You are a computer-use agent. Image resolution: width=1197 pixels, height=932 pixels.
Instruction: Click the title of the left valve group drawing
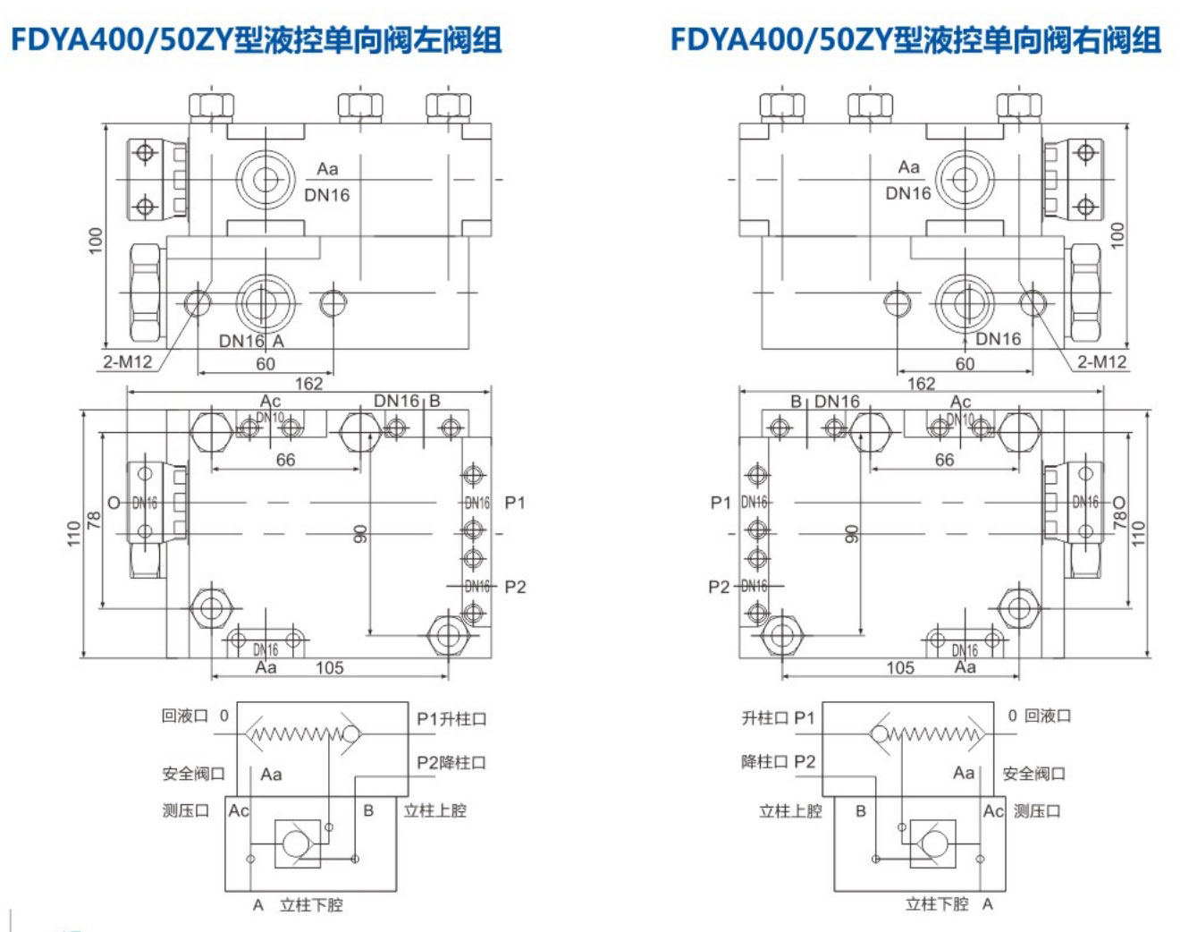(x=256, y=40)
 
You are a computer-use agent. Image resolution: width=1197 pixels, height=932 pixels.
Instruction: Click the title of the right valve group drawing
(x=915, y=40)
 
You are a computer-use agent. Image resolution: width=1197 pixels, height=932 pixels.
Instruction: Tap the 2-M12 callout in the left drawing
(x=127, y=361)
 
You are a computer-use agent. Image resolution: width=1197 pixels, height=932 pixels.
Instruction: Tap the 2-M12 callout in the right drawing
(x=1101, y=361)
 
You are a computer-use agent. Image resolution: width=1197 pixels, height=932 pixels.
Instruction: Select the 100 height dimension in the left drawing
(x=96, y=240)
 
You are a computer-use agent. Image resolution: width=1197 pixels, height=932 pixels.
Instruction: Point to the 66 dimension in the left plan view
(x=285, y=460)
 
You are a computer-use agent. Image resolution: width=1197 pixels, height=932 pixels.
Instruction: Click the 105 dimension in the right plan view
(x=900, y=667)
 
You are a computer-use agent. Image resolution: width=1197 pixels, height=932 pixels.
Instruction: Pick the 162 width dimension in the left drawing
(x=308, y=384)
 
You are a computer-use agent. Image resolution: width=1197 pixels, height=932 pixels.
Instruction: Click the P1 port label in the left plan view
(x=515, y=503)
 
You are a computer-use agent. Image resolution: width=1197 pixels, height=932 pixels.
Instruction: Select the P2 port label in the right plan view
(x=719, y=587)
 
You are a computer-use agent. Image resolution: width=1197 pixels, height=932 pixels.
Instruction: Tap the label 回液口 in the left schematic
(x=184, y=716)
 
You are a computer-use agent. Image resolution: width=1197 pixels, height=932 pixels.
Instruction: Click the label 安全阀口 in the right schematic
(x=1033, y=774)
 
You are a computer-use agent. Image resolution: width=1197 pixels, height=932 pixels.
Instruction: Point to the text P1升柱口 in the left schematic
(x=451, y=718)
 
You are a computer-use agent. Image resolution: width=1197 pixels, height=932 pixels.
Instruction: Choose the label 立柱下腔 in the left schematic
(x=311, y=904)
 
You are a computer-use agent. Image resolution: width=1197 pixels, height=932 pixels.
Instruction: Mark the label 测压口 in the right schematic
(x=1037, y=811)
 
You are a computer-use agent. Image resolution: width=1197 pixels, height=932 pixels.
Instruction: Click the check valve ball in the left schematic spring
(x=350, y=734)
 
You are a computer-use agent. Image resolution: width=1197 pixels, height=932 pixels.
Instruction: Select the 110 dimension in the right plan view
(x=1138, y=534)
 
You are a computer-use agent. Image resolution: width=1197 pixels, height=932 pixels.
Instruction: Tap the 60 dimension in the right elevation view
(x=965, y=364)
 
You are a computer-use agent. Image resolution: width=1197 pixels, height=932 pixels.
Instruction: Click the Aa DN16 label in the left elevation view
(x=327, y=182)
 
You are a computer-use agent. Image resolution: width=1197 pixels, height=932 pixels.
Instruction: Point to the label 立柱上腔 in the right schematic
(x=790, y=811)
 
